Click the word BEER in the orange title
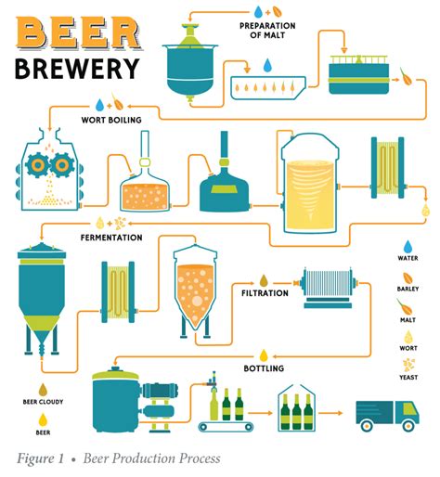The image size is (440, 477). [78, 32]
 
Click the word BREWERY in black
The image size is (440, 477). [77, 69]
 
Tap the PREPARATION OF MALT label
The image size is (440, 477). [267, 31]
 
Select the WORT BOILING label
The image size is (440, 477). [111, 120]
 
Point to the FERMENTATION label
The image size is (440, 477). [111, 238]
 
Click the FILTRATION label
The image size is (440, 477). [265, 293]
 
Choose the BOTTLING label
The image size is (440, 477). [264, 368]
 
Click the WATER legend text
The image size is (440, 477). [408, 258]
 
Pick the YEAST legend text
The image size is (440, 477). [408, 378]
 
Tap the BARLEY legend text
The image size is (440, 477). [408, 289]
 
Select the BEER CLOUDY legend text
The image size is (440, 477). [43, 402]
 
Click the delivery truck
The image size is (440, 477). [387, 416]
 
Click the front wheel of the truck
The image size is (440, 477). [408, 426]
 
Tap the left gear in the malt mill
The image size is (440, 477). [37, 165]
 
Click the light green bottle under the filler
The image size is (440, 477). [214, 405]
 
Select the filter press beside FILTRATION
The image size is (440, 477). [328, 289]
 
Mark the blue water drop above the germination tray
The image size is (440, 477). [267, 66]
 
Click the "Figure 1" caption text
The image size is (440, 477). [41, 458]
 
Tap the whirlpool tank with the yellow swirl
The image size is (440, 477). [310, 183]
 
